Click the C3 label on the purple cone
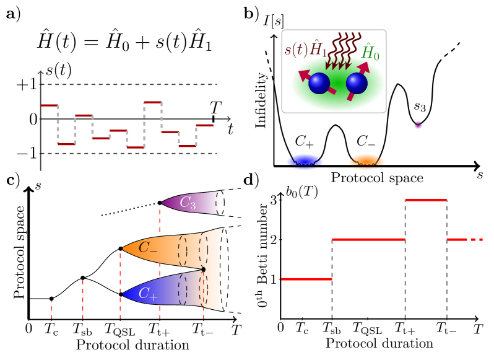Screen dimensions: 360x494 tap(188, 203)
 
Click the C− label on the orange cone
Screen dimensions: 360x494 tap(147, 248)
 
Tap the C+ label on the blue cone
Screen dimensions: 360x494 tap(147, 294)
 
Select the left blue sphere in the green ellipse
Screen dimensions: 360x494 tap(319, 83)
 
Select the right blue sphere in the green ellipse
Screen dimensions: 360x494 tap(357, 83)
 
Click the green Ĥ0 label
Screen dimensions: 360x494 tap(370, 53)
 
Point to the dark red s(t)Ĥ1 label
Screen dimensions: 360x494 tap(305, 50)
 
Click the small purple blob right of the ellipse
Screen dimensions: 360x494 tap(418, 125)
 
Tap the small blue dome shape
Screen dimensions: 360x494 tap(305, 161)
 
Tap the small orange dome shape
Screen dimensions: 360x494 tap(366, 161)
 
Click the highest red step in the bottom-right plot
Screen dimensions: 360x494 tap(426, 200)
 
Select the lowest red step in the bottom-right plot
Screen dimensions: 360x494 tap(306, 279)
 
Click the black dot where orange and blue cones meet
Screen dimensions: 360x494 tap(203, 269)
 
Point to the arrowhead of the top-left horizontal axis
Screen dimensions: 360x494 tap(228, 119)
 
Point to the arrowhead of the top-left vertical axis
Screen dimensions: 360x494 tap(40, 72)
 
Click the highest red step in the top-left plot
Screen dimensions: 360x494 tap(152, 102)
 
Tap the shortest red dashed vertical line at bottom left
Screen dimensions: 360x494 tap(51, 310)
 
